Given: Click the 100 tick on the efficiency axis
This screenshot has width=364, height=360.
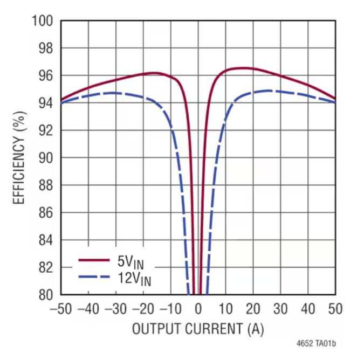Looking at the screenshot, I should [43, 21].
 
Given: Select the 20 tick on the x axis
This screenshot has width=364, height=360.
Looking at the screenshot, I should [253, 309].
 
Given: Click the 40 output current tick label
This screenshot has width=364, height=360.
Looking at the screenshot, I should [308, 309].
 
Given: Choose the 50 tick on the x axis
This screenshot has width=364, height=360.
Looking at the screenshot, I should [335, 309].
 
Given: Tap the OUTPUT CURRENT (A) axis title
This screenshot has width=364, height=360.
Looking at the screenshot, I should [198, 329].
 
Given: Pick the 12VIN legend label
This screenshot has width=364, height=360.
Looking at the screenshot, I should [133, 279].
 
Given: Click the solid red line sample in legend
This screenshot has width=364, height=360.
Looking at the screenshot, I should [94, 260].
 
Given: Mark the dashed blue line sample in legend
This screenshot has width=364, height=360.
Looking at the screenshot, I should [94, 276].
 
